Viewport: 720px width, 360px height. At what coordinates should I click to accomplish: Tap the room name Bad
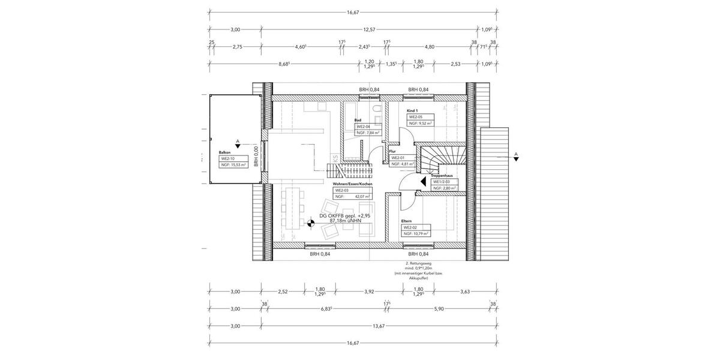click(x=358, y=120)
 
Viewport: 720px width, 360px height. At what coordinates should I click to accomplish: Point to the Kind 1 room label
click(x=412, y=111)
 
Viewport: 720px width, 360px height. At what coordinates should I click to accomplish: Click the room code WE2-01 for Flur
click(x=398, y=158)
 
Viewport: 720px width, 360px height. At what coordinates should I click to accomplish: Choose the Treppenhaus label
click(x=444, y=176)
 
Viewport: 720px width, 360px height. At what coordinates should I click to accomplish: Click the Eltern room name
click(x=407, y=221)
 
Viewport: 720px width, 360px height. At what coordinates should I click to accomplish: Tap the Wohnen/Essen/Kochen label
click(x=353, y=184)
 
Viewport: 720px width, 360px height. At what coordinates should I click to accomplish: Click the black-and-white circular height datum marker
click(x=311, y=224)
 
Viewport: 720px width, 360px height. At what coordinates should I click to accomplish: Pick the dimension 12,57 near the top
click(x=370, y=29)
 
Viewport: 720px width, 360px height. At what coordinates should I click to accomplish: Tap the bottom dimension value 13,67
click(x=378, y=326)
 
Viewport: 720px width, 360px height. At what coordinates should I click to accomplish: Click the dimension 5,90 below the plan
click(x=439, y=308)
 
